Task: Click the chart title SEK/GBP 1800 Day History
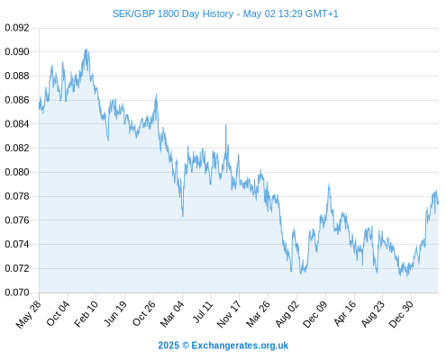[173, 13]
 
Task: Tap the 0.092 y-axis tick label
[17, 28]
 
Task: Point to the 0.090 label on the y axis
[17, 52]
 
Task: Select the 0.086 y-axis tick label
[17, 100]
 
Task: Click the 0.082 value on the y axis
[17, 148]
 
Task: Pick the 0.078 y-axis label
[17, 196]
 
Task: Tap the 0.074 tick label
[17, 244]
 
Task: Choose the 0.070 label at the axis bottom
[17, 292]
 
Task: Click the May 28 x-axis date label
[29, 314]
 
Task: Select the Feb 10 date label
[86, 313]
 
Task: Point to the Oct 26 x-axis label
[144, 313]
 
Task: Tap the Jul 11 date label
[203, 312]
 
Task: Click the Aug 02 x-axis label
[287, 313]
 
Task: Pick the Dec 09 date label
[315, 314]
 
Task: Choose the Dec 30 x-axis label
[401, 314]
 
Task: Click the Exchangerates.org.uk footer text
[240, 346]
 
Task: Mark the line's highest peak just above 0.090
[86, 49]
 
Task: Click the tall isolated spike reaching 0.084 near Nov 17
[226, 125]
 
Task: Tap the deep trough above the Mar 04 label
[183, 216]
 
